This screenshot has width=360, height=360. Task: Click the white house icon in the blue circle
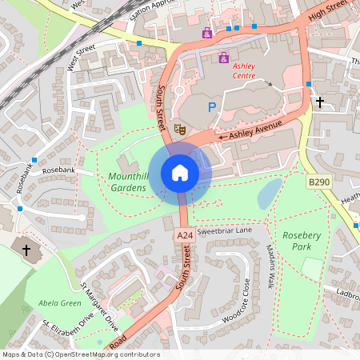180,173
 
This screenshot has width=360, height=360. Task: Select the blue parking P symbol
212,106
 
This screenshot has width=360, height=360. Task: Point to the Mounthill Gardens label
128,181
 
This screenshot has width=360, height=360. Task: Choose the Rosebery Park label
301,242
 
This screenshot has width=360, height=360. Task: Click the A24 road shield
185,235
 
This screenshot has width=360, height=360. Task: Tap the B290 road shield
318,183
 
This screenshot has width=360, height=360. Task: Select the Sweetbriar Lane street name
224,230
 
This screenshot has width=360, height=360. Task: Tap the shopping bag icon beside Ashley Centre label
223,58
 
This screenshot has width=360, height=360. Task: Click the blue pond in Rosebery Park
270,193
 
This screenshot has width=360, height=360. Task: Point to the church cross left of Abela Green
26,250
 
